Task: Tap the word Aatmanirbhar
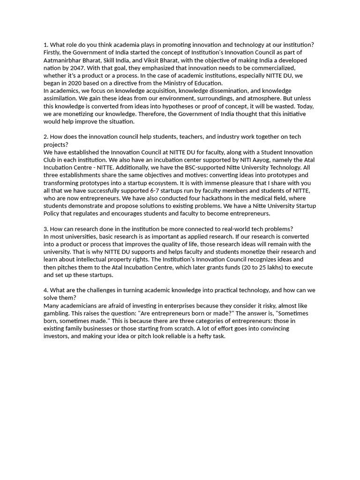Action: pyautogui.click(x=62, y=60)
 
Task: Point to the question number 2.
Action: pyautogui.click(x=45, y=136)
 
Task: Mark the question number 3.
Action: pyautogui.click(x=45, y=229)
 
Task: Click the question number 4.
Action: pyautogui.click(x=45, y=290)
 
